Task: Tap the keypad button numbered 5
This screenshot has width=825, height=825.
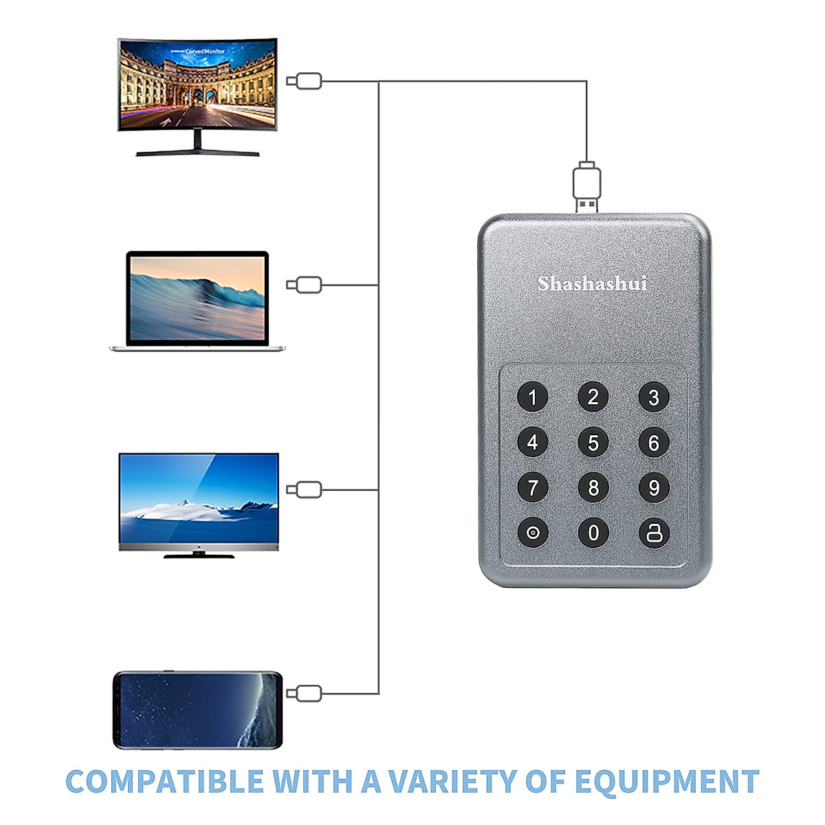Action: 593,443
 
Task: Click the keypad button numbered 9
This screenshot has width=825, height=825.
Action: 653,488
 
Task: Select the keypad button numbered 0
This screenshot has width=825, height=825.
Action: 593,533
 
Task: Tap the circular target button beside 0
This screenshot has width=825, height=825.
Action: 533,533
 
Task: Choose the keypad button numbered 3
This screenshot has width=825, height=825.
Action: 653,397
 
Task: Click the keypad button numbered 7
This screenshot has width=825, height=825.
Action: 533,488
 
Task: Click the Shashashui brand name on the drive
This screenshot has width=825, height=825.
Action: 592,283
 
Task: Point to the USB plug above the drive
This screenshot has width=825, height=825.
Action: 586,186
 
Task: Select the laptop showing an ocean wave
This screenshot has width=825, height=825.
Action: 197,301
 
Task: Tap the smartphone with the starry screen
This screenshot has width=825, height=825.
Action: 198,710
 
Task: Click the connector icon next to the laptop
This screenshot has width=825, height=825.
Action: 304,285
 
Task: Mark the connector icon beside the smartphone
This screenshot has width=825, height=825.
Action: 304,693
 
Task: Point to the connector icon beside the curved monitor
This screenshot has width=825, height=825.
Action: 304,81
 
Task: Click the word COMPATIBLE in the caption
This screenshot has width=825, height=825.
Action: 164,782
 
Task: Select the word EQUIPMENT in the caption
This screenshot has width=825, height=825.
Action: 666,782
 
